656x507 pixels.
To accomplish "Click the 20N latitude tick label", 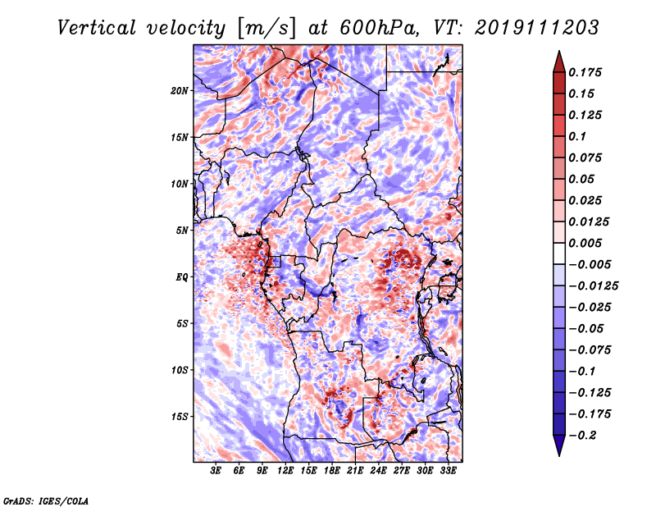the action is (180, 91).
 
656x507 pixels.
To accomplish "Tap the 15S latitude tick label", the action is (180, 417).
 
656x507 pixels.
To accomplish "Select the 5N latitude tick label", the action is (182, 231).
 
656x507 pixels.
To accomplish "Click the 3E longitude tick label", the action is (216, 471).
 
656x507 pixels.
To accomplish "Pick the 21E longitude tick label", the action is (355, 471).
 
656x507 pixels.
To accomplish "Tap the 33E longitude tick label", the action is (448, 471).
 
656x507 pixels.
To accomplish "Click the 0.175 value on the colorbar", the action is (585, 72).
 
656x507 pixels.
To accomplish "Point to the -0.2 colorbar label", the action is (582, 436).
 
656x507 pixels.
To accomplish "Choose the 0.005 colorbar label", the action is (585, 243).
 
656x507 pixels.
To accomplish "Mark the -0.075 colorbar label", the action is (590, 350).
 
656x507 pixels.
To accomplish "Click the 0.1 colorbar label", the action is (577, 136).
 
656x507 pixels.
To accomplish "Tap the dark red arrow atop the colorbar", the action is (559, 62).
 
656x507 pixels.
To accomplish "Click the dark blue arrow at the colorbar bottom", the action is (559, 445).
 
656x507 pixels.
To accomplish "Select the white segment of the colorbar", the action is (559, 253).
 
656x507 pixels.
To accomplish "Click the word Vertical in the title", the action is (97, 28).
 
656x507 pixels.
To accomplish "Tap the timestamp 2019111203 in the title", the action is (537, 28).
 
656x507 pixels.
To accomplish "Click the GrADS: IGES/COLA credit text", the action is (46, 500).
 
